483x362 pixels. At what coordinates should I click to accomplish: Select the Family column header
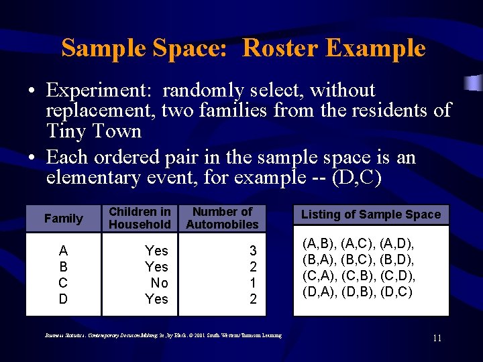click(x=63, y=219)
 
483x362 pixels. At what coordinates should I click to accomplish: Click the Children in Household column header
click(x=140, y=218)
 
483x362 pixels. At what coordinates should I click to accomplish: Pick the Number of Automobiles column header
click(x=222, y=218)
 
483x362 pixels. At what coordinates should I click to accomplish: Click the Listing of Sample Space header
click(x=371, y=215)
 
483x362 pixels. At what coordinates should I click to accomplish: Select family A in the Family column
click(x=63, y=251)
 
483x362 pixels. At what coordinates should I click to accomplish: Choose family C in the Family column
click(x=63, y=283)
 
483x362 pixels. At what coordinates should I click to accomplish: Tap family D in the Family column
click(x=63, y=299)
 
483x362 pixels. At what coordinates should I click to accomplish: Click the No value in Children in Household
click(x=159, y=283)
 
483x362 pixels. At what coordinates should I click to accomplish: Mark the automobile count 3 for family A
click(x=253, y=251)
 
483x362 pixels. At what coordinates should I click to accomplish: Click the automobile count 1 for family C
click(x=253, y=283)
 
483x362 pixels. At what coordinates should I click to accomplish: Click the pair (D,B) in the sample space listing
click(x=358, y=292)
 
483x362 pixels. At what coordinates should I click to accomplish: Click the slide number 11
click(x=437, y=338)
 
